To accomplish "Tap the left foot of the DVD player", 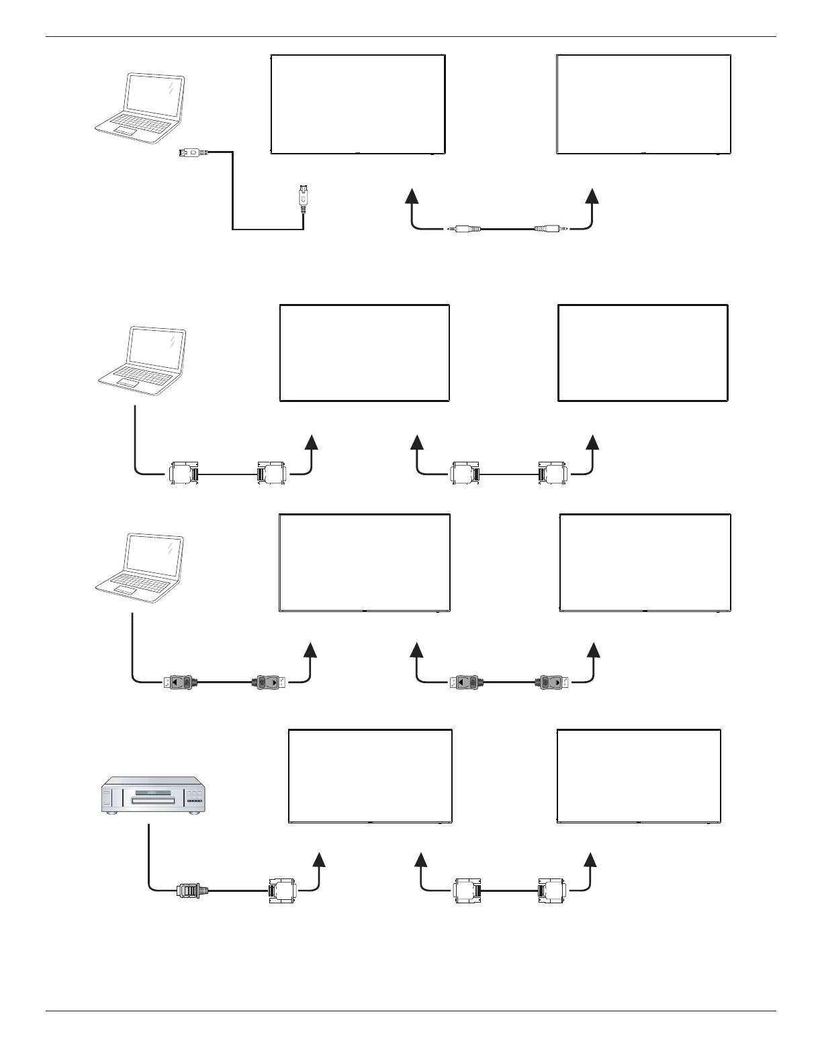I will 111,813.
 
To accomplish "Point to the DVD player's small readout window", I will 152,793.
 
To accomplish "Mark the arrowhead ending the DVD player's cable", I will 320,862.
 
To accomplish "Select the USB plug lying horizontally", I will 194,153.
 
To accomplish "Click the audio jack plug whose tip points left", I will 463,230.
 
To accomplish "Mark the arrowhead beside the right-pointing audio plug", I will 592,196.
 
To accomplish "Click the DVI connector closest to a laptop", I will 182,473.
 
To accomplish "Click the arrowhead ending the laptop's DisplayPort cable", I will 310,650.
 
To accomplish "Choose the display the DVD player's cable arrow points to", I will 370,776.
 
